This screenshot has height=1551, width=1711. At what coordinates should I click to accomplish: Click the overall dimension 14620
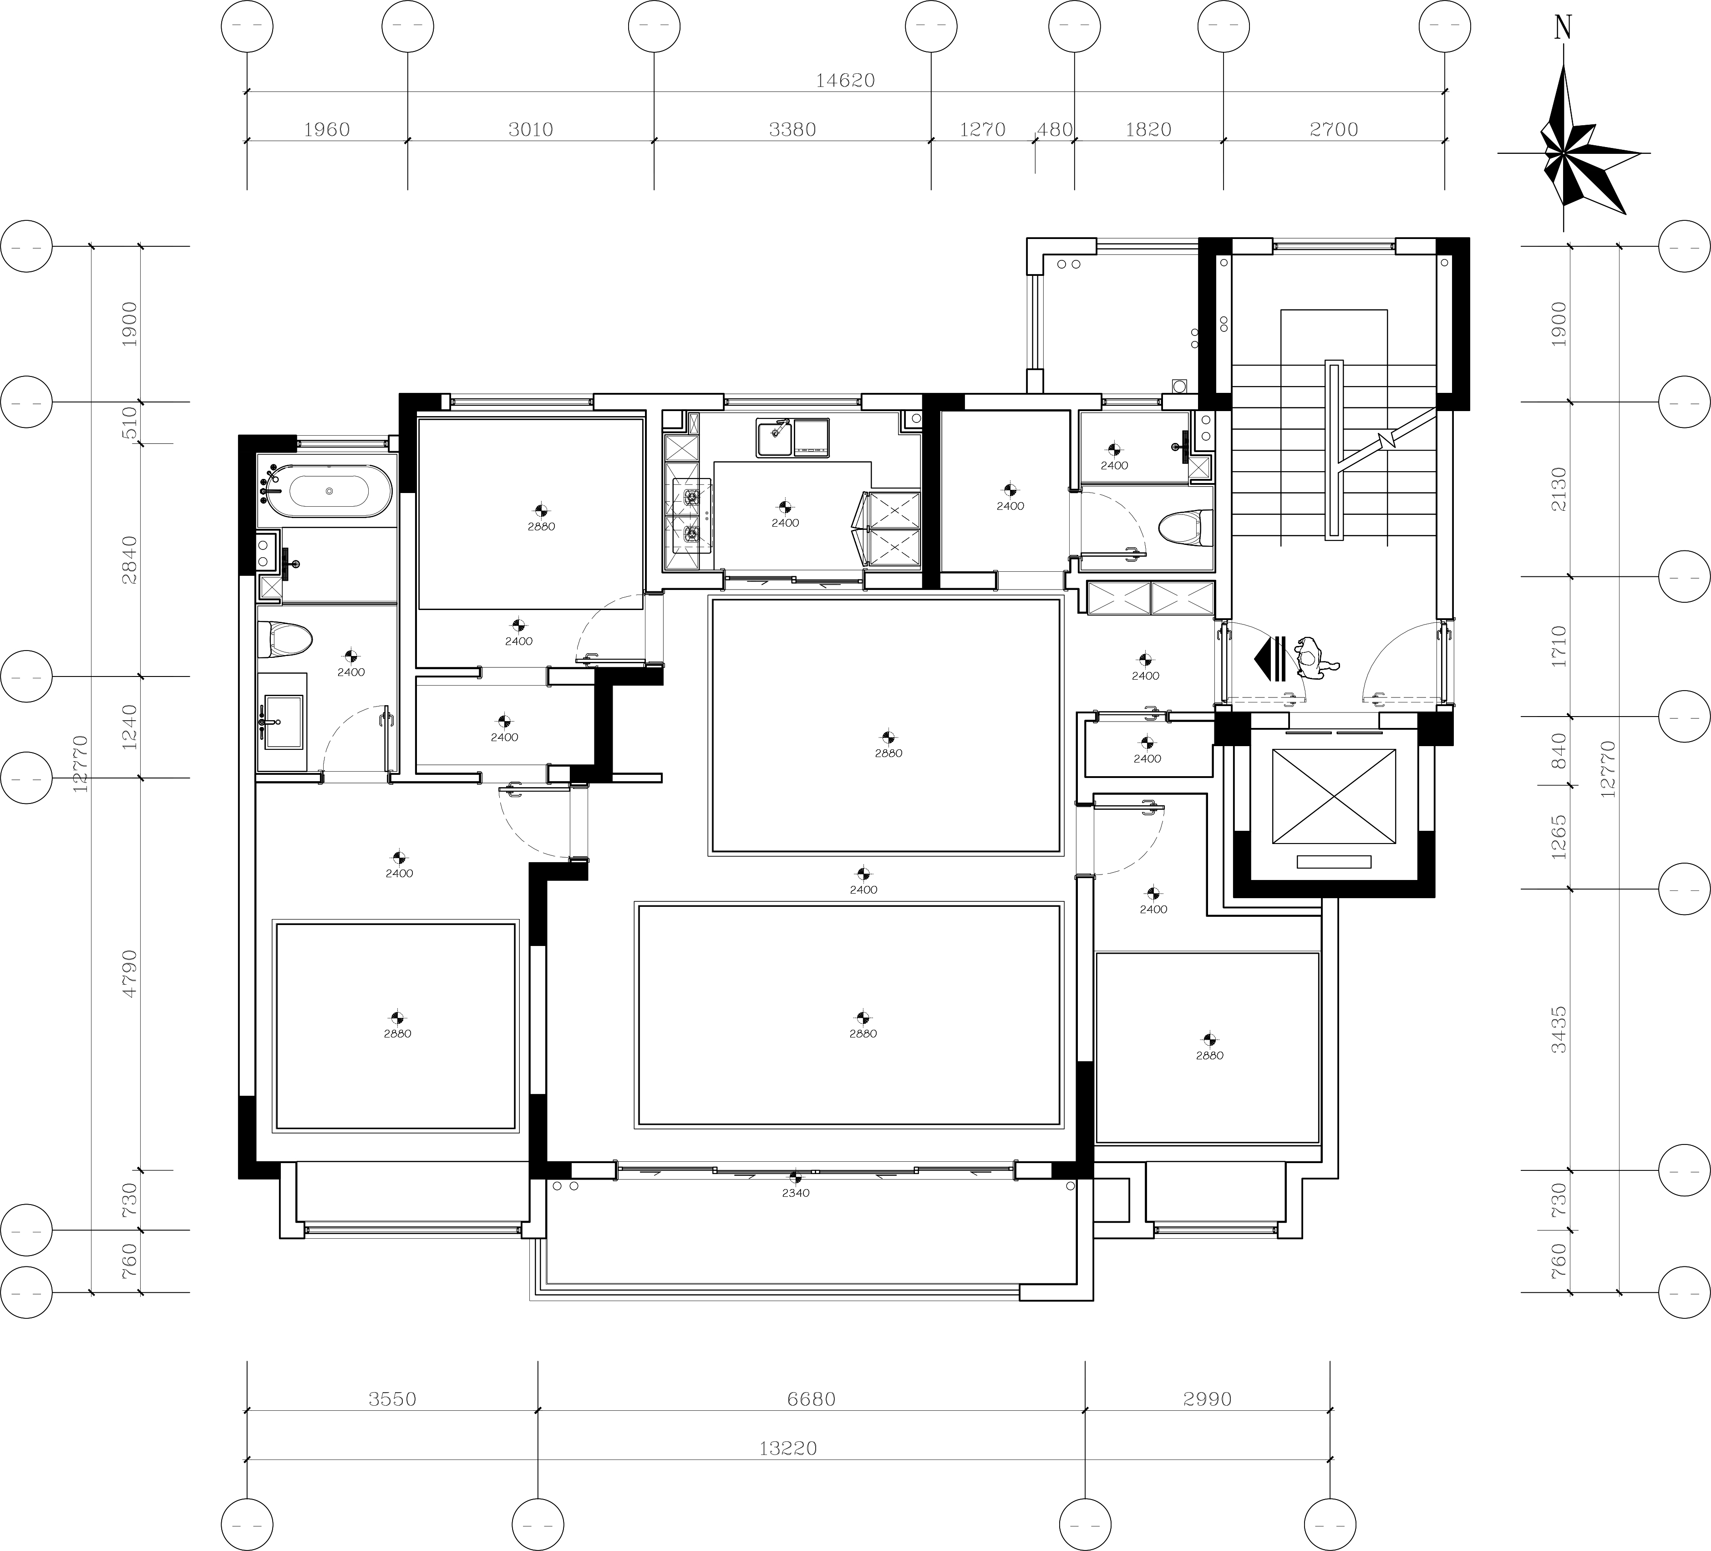pos(845,81)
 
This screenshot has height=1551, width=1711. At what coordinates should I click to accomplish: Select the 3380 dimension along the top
pos(792,130)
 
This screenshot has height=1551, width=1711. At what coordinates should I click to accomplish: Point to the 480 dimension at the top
pos(1055,130)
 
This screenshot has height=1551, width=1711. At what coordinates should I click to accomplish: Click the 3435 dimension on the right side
pos(1559,1030)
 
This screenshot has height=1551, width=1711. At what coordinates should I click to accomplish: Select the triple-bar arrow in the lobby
pos(1270,659)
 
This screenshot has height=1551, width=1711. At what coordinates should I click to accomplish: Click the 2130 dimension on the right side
pos(1559,489)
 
